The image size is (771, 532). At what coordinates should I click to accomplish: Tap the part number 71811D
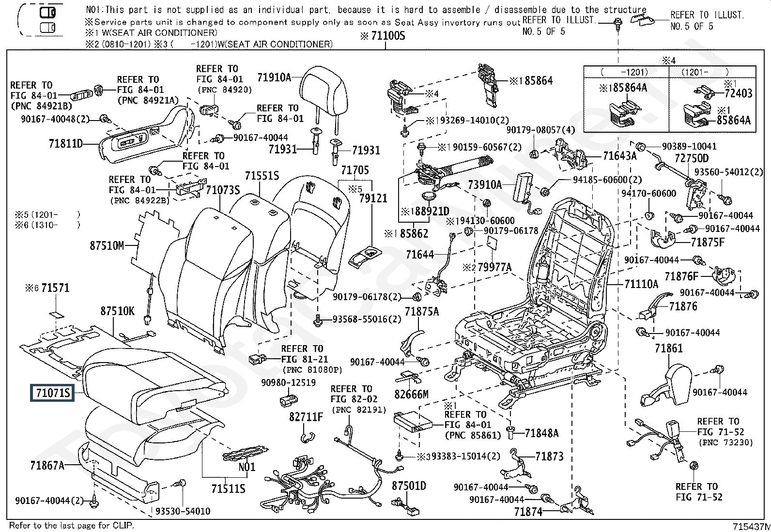tap(66, 143)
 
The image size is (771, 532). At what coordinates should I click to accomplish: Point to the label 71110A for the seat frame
tap(641, 284)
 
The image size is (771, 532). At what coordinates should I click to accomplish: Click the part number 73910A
tap(485, 185)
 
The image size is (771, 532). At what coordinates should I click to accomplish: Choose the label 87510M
tap(107, 246)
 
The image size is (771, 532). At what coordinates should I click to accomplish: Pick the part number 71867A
tap(47, 465)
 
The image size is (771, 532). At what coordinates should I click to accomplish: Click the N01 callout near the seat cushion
tap(247, 467)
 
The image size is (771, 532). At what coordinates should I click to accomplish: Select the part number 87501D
tap(409, 486)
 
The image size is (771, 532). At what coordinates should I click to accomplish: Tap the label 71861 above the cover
tap(668, 348)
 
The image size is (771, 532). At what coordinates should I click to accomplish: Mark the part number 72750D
tap(692, 158)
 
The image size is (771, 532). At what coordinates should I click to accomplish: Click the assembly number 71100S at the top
tap(386, 36)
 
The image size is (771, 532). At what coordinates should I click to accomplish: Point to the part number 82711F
tap(306, 417)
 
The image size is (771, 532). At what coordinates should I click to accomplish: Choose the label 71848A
tap(541, 433)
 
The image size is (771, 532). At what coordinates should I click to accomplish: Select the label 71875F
tap(708, 243)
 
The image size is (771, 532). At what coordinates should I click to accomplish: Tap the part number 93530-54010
tap(183, 511)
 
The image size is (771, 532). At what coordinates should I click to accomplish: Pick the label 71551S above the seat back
tap(262, 176)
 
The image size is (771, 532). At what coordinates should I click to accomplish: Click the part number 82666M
tap(412, 394)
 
